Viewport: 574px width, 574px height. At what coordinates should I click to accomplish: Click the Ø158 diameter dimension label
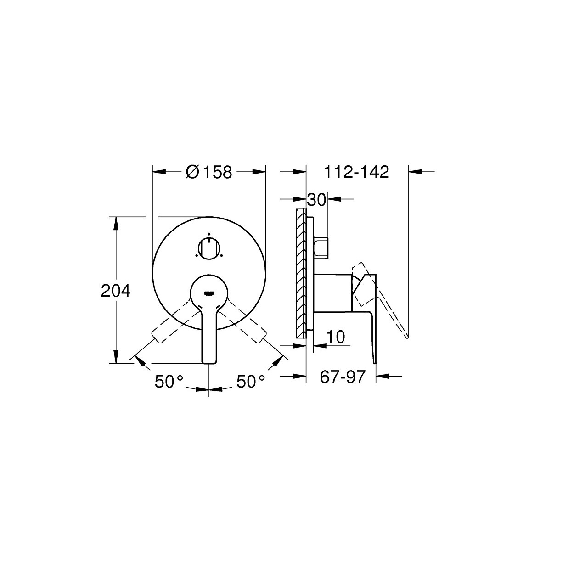[x=208, y=172]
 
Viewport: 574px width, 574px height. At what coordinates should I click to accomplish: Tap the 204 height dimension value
[x=116, y=291]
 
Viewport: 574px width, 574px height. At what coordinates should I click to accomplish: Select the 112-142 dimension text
[x=356, y=172]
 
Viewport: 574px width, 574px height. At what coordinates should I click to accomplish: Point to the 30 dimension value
[x=316, y=200]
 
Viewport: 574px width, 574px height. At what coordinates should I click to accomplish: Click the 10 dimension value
[x=336, y=337]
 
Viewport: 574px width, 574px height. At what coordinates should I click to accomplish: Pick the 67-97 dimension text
[x=343, y=377]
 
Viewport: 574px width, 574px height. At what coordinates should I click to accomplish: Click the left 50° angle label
[x=169, y=382]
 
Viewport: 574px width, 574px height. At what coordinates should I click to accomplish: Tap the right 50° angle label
[x=251, y=382]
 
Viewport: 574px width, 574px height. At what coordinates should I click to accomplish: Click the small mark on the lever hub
[x=209, y=294]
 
